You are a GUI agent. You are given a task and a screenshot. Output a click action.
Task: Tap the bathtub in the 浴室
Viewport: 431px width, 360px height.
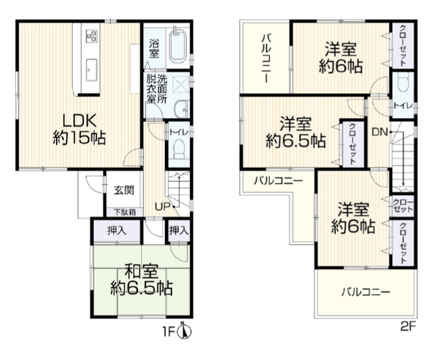[x=178, y=45]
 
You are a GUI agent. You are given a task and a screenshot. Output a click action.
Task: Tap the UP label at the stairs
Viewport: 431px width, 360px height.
[x=161, y=206]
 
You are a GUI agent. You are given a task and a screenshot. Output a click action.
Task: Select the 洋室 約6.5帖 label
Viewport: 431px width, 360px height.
[x=295, y=132]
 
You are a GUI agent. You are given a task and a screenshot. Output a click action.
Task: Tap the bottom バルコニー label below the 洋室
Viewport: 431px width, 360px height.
[x=366, y=291]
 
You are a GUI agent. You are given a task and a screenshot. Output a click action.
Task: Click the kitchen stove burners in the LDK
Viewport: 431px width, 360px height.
[x=90, y=36]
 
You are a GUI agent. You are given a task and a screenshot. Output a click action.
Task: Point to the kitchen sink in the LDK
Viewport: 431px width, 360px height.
[x=90, y=68]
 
